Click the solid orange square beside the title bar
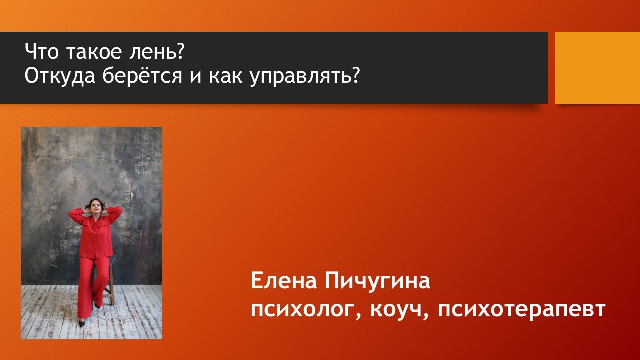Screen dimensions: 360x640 point(597,68)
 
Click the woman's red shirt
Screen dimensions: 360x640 point(96,235)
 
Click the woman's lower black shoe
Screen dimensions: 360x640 point(81,323)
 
